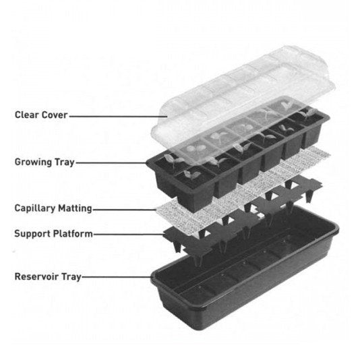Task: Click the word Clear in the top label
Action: click(x=25, y=115)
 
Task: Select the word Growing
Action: click(x=33, y=162)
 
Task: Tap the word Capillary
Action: click(x=35, y=209)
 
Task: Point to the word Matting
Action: click(x=75, y=209)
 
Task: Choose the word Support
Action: click(x=32, y=234)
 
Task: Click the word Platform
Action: click(x=73, y=234)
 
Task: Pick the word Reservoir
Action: click(x=36, y=276)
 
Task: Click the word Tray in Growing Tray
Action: click(x=65, y=162)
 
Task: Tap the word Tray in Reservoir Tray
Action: click(x=71, y=277)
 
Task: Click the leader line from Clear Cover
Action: click(x=118, y=117)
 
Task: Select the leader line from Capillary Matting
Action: click(x=125, y=210)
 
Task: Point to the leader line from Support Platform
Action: click(x=129, y=235)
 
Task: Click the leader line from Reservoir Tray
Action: click(x=117, y=277)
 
